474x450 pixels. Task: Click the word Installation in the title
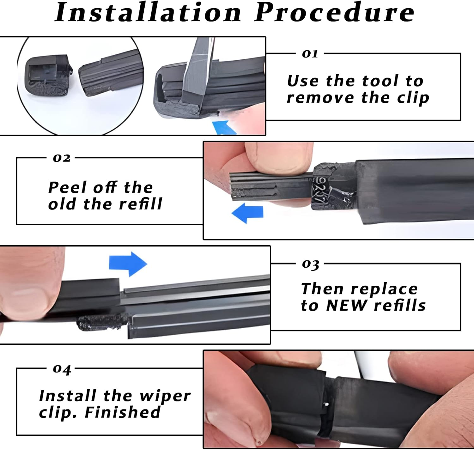pyautogui.click(x=148, y=13)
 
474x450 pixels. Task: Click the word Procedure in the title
pyautogui.click(x=334, y=13)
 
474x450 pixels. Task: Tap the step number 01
pyautogui.click(x=310, y=54)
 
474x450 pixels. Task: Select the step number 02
pyautogui.click(x=62, y=158)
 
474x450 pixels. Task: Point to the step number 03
pyautogui.click(x=310, y=264)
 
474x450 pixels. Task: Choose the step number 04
pyautogui.click(x=62, y=369)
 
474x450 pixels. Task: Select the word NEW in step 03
pyautogui.click(x=347, y=305)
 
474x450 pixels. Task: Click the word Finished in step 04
pyautogui.click(x=123, y=412)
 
